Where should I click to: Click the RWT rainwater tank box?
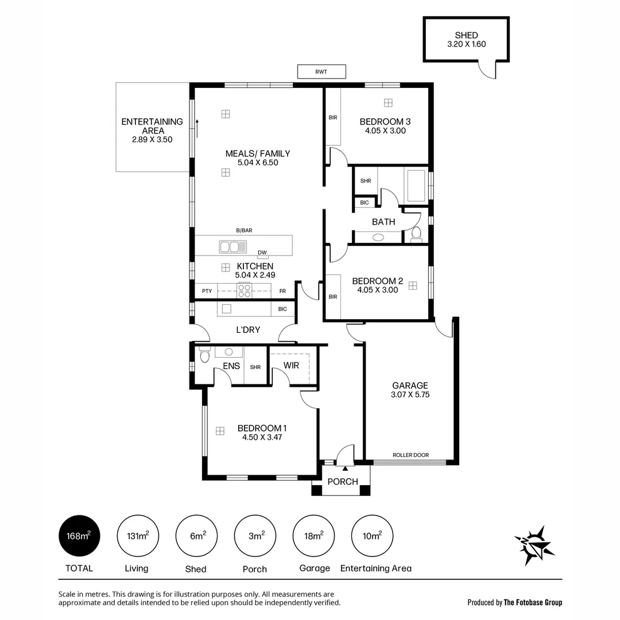pyautogui.click(x=321, y=72)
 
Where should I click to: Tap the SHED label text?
pyautogui.click(x=466, y=36)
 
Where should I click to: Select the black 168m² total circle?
pyautogui.click(x=78, y=536)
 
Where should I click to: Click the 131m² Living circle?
pyautogui.click(x=137, y=536)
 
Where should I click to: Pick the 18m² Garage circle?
pyautogui.click(x=314, y=536)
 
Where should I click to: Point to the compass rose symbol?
pyautogui.click(x=534, y=545)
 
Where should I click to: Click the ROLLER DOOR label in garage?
pyautogui.click(x=410, y=455)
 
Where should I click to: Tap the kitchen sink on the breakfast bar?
pyautogui.click(x=233, y=247)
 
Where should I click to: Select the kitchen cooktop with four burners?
pyautogui.click(x=245, y=291)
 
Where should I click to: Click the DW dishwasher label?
pyautogui.click(x=262, y=253)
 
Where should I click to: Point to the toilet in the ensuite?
pyautogui.click(x=204, y=356)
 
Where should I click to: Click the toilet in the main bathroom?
pyautogui.click(x=416, y=234)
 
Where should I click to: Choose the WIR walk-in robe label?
pyautogui.click(x=291, y=366)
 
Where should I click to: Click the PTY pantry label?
pyautogui.click(x=207, y=292)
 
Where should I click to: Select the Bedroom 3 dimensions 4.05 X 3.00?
pyautogui.click(x=385, y=131)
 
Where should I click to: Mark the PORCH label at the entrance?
pyautogui.click(x=343, y=482)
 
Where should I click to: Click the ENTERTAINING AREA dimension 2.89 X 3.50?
pyautogui.click(x=152, y=139)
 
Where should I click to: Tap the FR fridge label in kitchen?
pyautogui.click(x=282, y=292)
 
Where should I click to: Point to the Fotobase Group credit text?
pyautogui.click(x=515, y=602)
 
